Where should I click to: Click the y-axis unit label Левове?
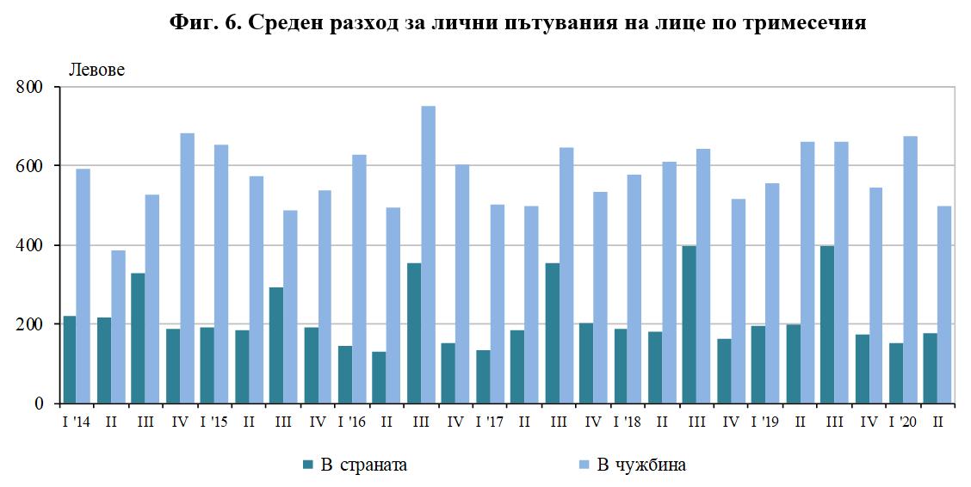pos(96,70)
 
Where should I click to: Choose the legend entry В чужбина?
pos(642,465)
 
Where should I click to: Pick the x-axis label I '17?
pos(489,422)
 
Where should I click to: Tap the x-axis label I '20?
pos(902,422)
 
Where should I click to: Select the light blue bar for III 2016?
pos(428,255)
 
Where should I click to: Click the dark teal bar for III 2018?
pos(690,324)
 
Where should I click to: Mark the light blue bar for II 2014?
pos(118,327)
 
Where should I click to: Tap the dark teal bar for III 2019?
pos(827,324)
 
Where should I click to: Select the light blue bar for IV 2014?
pos(187,268)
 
